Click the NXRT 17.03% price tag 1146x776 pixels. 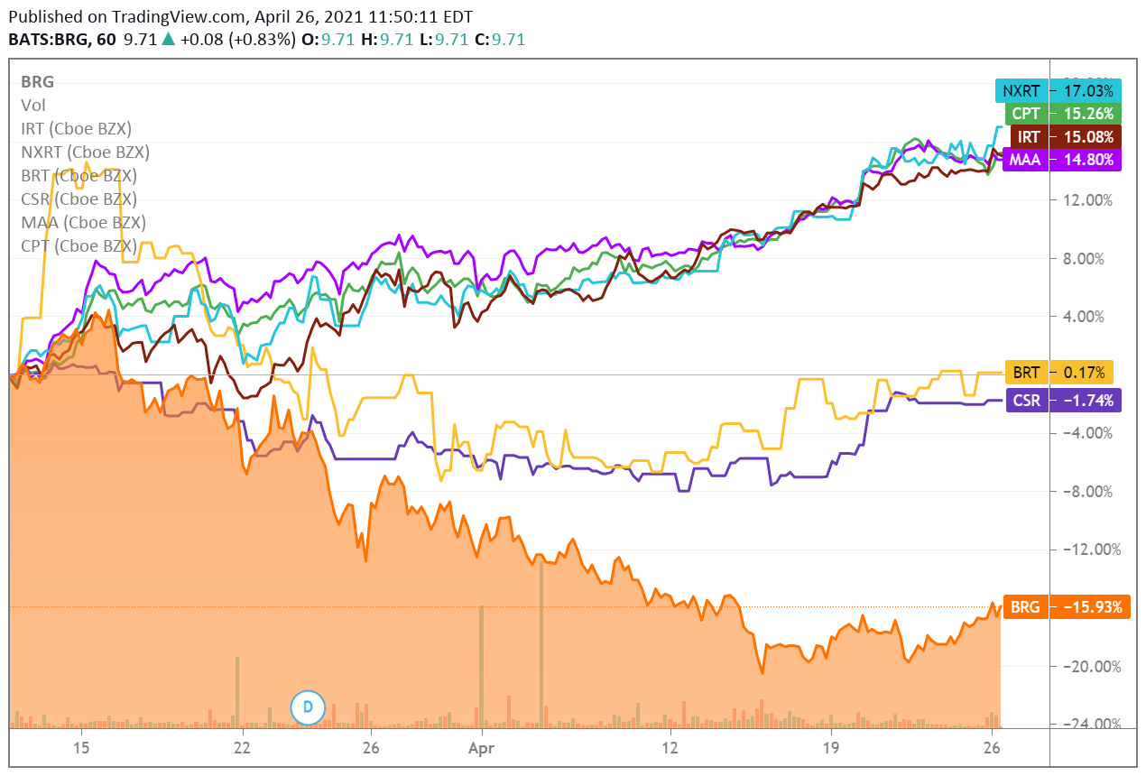1058,90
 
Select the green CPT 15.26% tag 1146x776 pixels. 1058,114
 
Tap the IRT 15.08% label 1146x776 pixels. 1058,137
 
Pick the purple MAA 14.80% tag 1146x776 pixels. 1058,160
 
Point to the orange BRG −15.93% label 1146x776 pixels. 1065,607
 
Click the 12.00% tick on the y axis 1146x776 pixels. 1089,200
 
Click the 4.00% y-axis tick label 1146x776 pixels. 1092,317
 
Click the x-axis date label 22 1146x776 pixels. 241,748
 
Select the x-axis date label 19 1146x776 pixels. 830,748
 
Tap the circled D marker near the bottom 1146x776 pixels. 307,707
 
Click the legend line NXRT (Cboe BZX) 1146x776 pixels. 85,152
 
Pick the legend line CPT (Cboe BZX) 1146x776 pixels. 79,245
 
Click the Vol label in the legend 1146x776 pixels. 32,105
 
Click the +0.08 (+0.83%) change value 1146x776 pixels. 237,40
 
